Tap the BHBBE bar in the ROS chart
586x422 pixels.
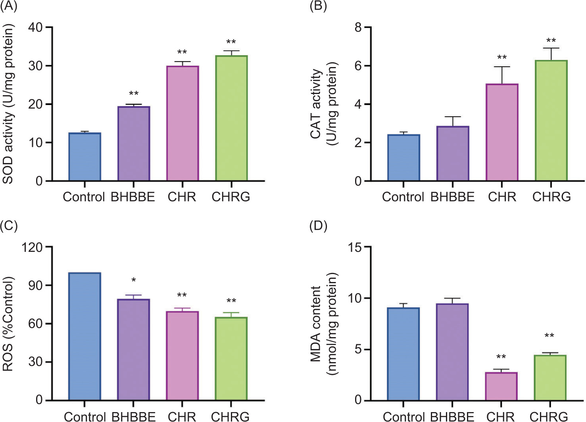tap(134, 349)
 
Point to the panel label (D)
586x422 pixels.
tap(318, 226)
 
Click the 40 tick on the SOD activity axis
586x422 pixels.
tap(35, 27)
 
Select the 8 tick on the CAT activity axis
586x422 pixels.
tap(358, 27)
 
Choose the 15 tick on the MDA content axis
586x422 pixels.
tap(355, 247)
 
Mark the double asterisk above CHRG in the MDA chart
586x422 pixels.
tap(549, 336)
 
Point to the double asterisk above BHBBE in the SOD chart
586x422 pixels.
tap(134, 94)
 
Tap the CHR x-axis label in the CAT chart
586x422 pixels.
tap(502, 197)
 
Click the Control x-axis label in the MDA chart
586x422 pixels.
tap(403, 416)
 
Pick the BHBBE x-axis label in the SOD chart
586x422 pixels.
tap(133, 197)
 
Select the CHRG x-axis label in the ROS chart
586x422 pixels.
tap(230, 416)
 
